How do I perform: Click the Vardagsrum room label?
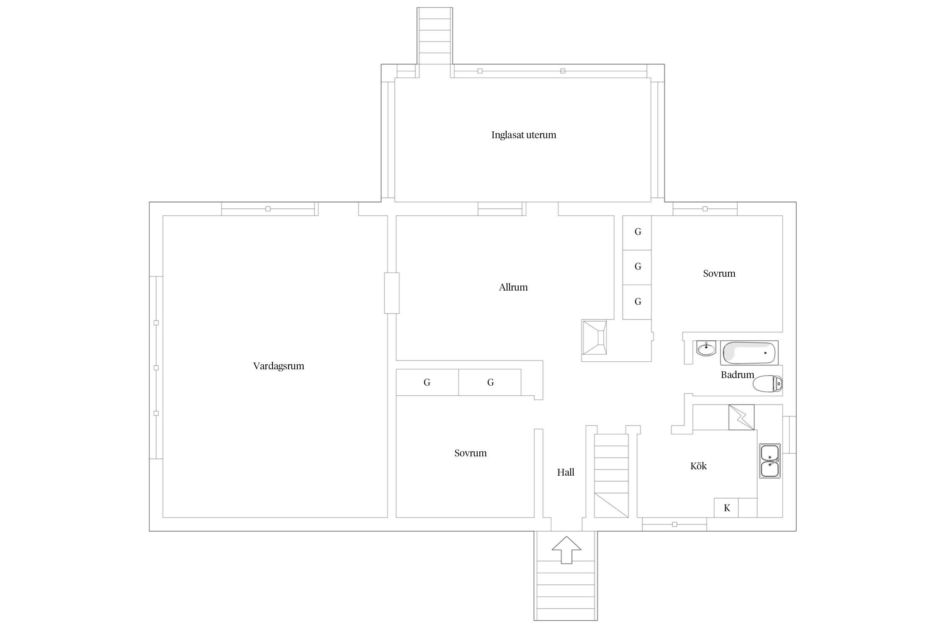(278, 366)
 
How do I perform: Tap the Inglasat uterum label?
(524, 135)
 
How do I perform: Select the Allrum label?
(513, 287)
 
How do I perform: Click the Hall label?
(566, 472)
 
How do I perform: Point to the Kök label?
(698, 466)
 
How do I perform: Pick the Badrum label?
(737, 375)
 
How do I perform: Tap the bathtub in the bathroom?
(749, 353)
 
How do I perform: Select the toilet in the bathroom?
(768, 383)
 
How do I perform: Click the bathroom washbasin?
(706, 348)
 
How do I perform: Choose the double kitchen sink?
(770, 461)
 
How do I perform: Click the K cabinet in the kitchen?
(726, 508)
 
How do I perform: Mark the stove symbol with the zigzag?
(741, 417)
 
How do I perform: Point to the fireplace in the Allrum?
(594, 337)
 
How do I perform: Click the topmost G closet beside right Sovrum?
(637, 233)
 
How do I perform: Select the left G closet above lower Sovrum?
(427, 382)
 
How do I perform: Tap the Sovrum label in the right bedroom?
(719, 273)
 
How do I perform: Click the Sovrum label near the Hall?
(471, 453)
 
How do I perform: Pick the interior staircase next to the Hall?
(612, 476)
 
